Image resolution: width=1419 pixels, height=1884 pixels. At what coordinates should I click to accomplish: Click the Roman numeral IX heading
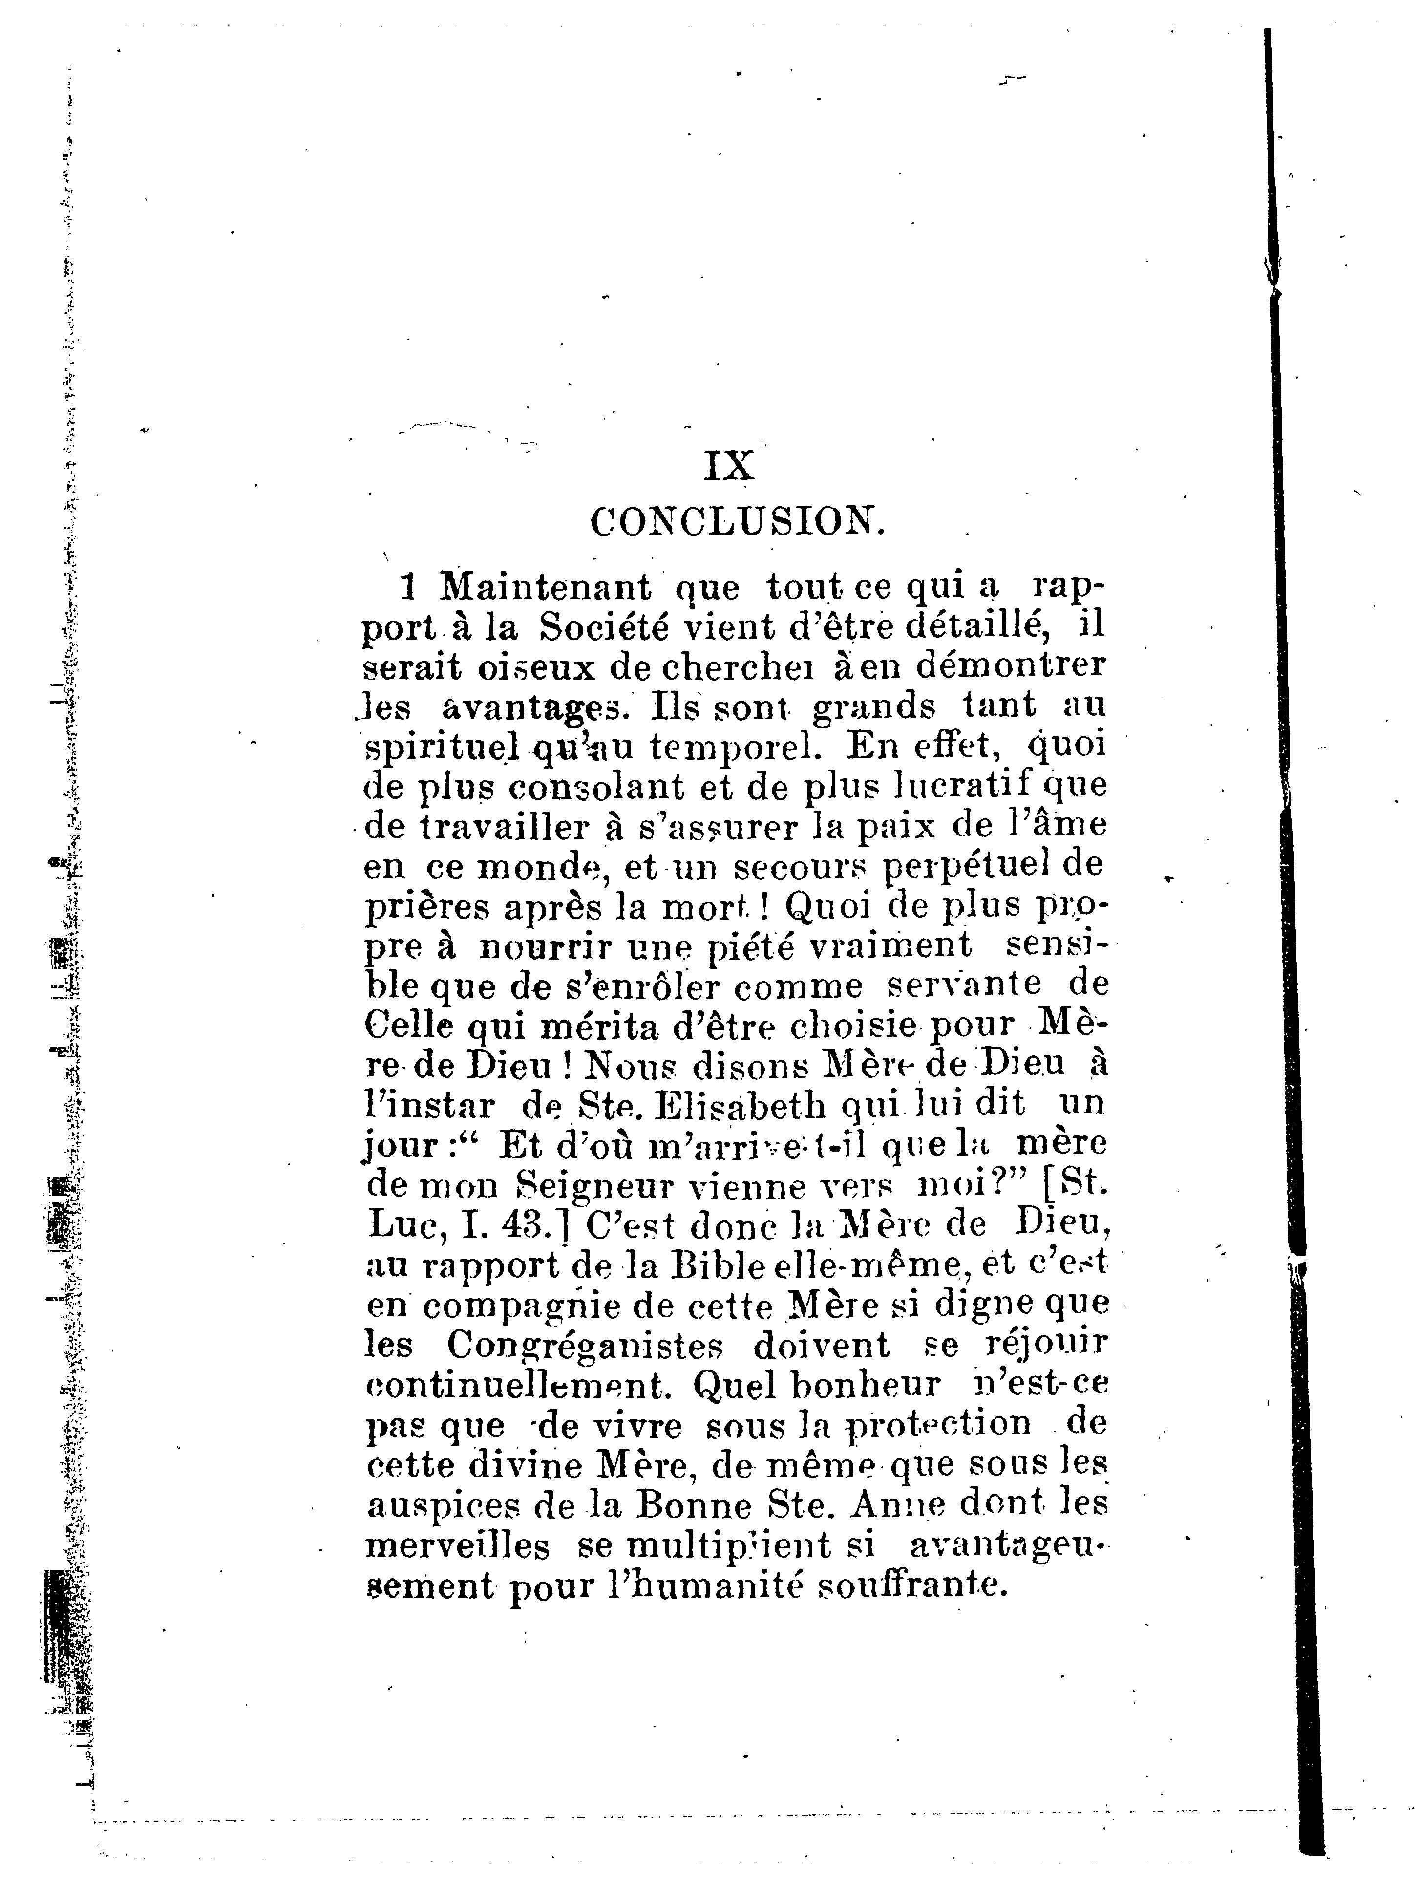pos(730,466)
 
